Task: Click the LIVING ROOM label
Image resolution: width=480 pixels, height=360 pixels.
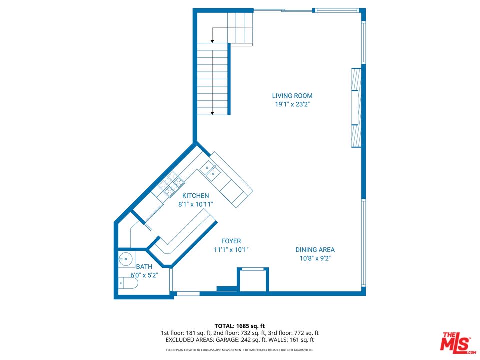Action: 292,96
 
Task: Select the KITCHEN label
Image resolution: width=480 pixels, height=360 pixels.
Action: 195,196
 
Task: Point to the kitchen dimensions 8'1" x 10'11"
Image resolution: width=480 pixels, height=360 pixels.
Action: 195,204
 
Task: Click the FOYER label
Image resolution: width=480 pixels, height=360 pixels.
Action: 231,241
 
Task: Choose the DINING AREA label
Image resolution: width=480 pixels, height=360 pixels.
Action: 315,250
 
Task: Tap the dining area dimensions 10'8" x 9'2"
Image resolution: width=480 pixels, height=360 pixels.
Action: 315,258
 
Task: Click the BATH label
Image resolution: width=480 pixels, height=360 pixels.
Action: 144,267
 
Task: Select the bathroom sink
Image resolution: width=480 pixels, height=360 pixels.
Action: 125,259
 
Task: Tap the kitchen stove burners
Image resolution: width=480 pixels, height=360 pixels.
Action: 171,185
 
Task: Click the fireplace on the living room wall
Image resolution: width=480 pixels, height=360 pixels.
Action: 355,107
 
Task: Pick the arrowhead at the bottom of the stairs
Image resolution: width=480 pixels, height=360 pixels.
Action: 213,113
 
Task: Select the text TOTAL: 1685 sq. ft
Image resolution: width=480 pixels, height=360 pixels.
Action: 239,325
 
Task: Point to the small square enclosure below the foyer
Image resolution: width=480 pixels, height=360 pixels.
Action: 253,280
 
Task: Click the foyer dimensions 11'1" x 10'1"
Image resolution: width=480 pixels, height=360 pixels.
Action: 231,250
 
